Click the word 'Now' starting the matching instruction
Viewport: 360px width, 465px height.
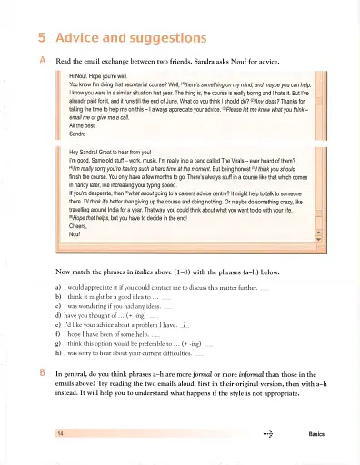click(x=64, y=271)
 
